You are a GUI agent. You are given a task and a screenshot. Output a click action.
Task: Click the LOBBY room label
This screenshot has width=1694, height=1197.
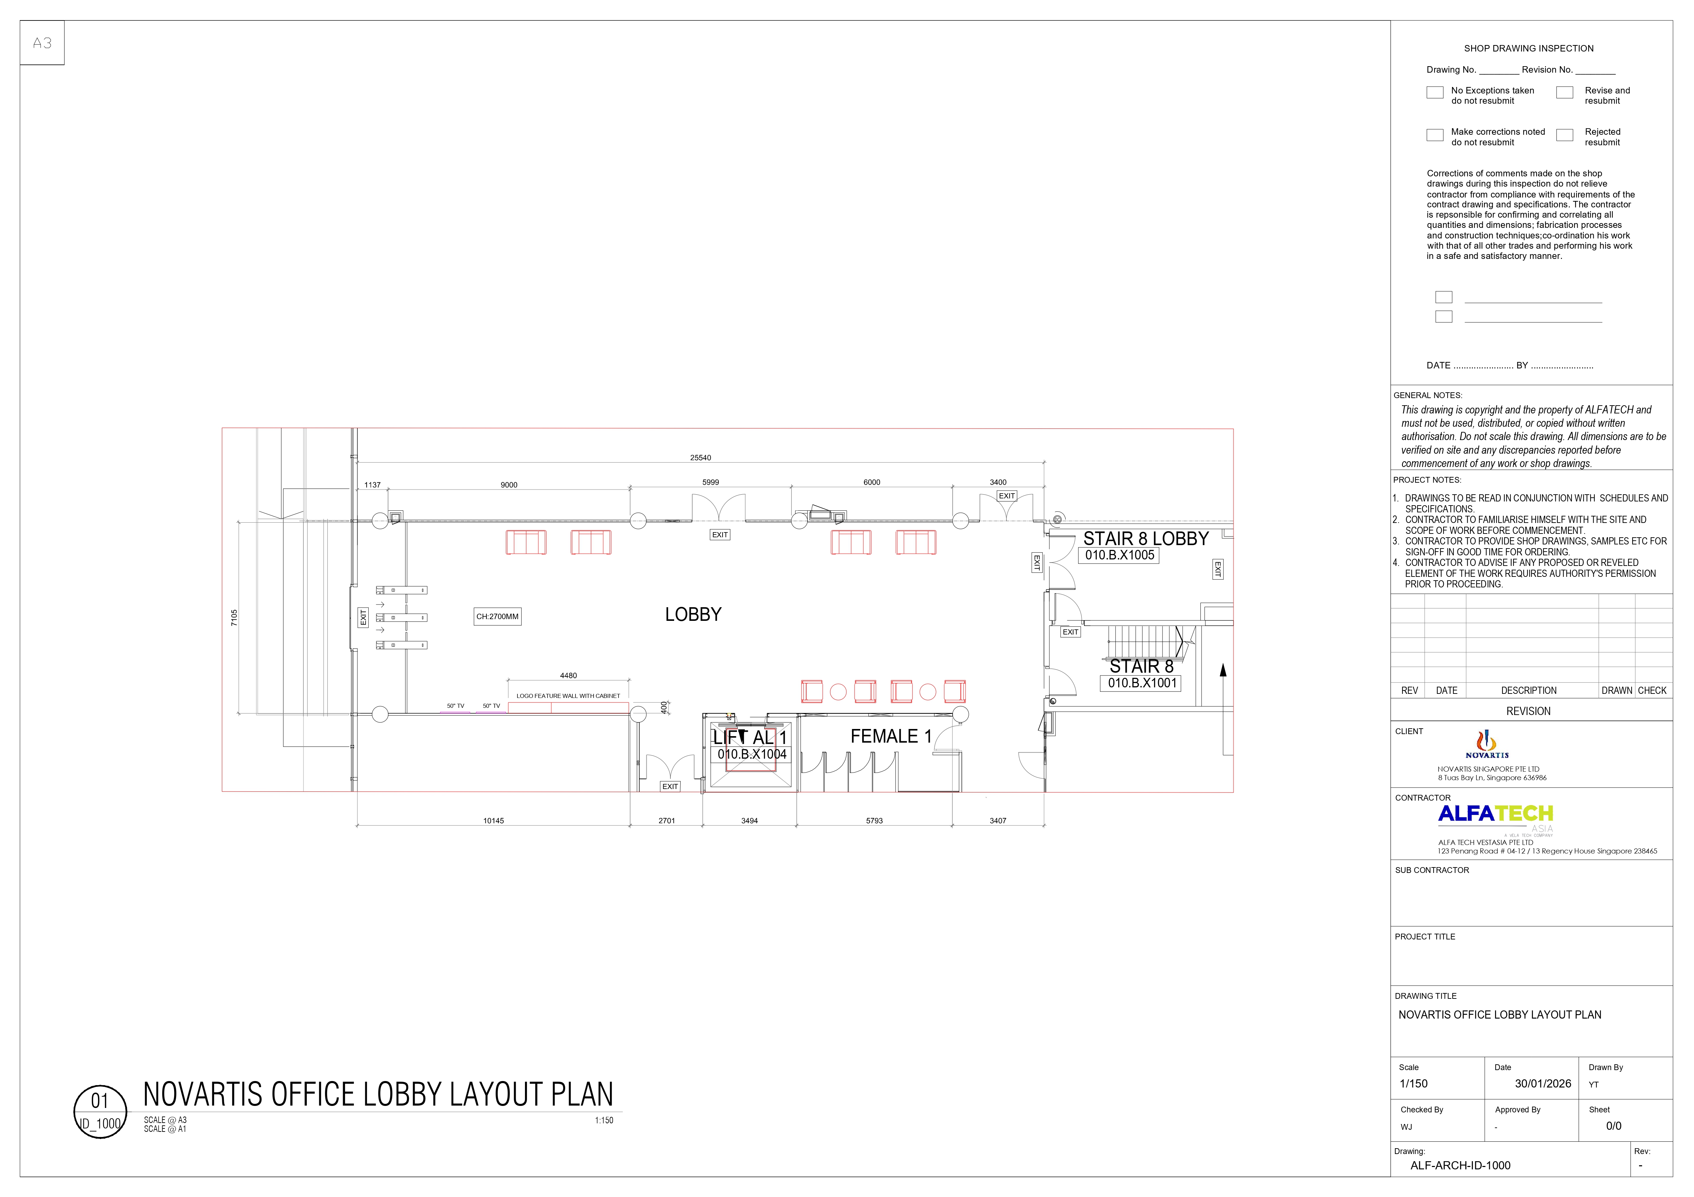point(693,614)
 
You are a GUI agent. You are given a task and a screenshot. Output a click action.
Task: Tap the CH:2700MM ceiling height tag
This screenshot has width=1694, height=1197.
point(497,616)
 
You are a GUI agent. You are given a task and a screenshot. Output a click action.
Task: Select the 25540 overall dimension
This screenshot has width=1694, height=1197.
point(700,458)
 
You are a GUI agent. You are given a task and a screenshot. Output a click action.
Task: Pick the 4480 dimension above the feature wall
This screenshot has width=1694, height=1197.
point(568,675)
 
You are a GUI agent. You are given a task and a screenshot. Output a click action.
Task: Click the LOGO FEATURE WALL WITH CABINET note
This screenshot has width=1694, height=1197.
point(568,696)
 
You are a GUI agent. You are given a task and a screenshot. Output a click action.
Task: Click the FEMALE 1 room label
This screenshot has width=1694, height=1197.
point(891,736)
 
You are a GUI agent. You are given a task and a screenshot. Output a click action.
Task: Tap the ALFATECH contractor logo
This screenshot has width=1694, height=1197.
point(1496,814)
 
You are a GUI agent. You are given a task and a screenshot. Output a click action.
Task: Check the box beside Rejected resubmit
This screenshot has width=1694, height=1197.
point(1564,135)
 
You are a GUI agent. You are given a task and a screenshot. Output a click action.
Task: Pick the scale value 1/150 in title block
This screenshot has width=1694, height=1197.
point(1413,1083)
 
